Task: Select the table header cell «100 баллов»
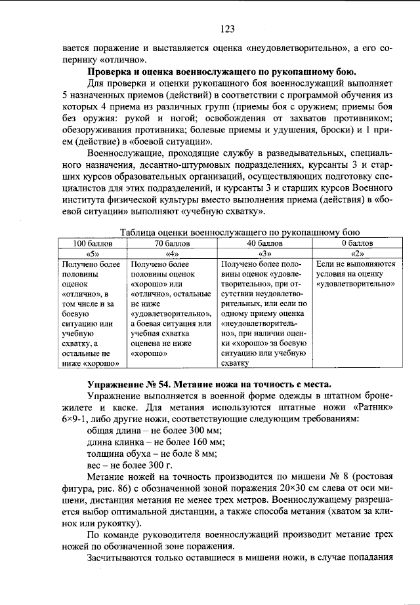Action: click(92, 243)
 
